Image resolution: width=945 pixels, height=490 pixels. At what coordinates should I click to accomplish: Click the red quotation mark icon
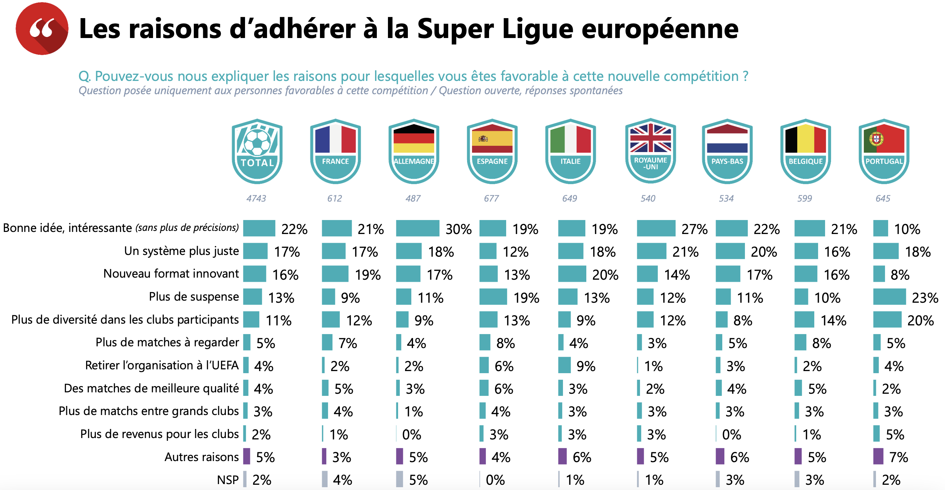42,29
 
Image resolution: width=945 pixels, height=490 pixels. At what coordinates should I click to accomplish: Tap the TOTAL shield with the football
257,151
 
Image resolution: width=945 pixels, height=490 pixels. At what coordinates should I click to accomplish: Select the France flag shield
335,151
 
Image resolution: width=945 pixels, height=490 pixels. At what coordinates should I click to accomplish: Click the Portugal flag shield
884,151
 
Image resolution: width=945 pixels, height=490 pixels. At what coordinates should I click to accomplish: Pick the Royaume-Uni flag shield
650,151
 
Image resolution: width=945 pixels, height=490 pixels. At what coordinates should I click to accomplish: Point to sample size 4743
256,198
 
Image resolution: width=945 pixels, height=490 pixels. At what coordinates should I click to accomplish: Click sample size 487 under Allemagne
413,198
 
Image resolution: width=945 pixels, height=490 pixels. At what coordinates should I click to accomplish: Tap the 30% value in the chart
458,229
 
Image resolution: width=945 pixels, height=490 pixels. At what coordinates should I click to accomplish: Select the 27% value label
694,229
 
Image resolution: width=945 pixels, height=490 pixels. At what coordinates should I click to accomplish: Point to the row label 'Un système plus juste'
181,251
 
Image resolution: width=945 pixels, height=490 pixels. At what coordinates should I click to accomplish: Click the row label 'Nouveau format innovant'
171,274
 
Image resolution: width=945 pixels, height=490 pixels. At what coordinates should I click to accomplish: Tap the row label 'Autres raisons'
201,457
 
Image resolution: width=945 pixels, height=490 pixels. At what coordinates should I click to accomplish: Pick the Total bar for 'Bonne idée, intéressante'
259,228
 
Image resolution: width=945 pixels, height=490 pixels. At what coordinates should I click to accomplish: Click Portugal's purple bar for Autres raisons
878,456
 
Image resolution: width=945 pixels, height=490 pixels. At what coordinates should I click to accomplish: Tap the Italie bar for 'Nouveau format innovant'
572,274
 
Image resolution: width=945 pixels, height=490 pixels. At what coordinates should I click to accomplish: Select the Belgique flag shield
806,151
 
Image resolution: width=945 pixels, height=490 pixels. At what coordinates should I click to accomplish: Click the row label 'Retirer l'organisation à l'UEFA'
162,365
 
